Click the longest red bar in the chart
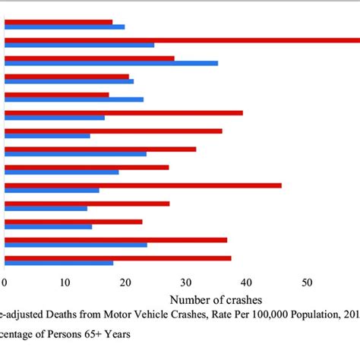(x=182, y=39)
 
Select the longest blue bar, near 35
(x=111, y=63)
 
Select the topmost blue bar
(x=65, y=27)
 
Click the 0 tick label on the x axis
(x=5, y=282)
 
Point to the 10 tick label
(x=65, y=282)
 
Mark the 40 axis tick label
(x=247, y=282)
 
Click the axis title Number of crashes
(x=221, y=300)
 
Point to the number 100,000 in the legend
(x=260, y=314)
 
